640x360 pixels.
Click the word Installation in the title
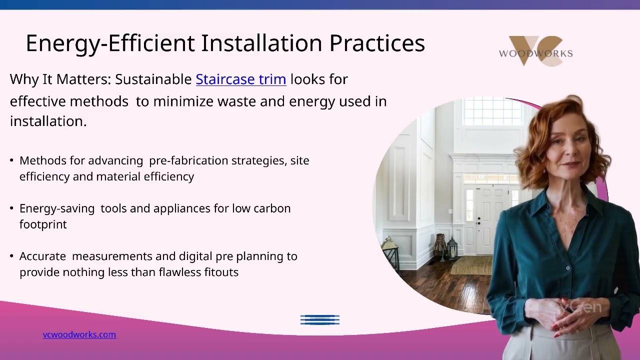point(261,43)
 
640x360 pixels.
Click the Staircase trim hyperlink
point(241,79)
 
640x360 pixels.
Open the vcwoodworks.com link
point(79,334)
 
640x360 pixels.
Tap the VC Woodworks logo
point(535,51)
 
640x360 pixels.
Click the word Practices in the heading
point(377,43)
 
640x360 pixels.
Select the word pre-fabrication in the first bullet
point(188,161)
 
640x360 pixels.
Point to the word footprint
point(43,224)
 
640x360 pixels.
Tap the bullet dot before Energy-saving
point(11,208)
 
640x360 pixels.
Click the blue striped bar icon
point(320,319)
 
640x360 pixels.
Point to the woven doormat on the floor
point(471,265)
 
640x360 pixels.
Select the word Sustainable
point(153,79)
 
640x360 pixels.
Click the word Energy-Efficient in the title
point(110,43)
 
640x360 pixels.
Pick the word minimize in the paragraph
point(183,101)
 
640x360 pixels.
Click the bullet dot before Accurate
point(11,256)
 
